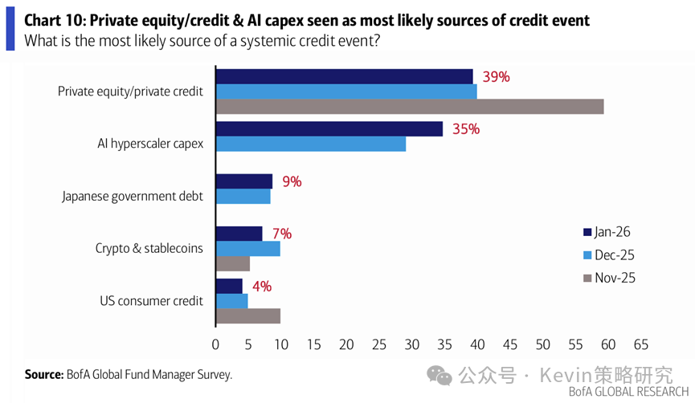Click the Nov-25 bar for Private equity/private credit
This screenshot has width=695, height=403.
pyautogui.click(x=410, y=106)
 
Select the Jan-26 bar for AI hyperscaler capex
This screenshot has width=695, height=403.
pyautogui.click(x=329, y=128)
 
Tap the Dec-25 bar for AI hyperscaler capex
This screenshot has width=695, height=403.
pyautogui.click(x=311, y=144)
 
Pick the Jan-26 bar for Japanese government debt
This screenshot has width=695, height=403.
pyautogui.click(x=244, y=181)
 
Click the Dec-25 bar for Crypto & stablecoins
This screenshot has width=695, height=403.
pyautogui.click(x=248, y=249)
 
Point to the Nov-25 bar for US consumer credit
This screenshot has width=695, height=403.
pyautogui.click(x=248, y=315)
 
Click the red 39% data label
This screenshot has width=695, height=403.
pyautogui.click(x=497, y=77)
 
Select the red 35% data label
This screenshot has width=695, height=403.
pyautogui.click(x=465, y=128)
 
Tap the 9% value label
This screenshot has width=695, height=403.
pyautogui.click(x=291, y=181)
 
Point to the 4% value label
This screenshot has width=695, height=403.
pyautogui.click(x=261, y=286)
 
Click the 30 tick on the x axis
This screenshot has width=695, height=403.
pyautogui.click(x=412, y=344)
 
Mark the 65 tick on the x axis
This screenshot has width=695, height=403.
pyautogui.click(x=640, y=344)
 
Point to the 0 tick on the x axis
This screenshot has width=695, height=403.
pyautogui.click(x=215, y=344)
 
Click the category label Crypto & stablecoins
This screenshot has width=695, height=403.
pyautogui.click(x=149, y=248)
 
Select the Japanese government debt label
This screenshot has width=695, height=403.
pyautogui.click(x=133, y=196)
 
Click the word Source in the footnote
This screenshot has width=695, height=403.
pyautogui.click(x=43, y=374)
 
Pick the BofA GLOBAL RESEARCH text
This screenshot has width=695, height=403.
pyautogui.click(x=628, y=392)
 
